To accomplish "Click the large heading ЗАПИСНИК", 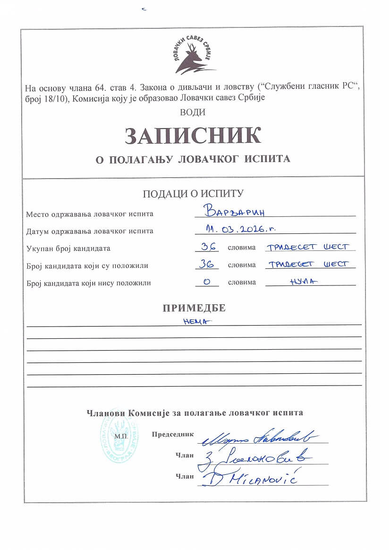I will point(193,136).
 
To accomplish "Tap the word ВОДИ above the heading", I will point(193,112).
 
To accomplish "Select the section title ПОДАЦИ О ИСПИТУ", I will point(193,193).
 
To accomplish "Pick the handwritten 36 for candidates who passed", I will point(207,264).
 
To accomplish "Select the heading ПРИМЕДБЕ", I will point(194,308).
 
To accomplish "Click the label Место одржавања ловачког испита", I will point(90,214).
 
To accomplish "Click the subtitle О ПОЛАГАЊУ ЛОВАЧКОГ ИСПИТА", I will point(193,159).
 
